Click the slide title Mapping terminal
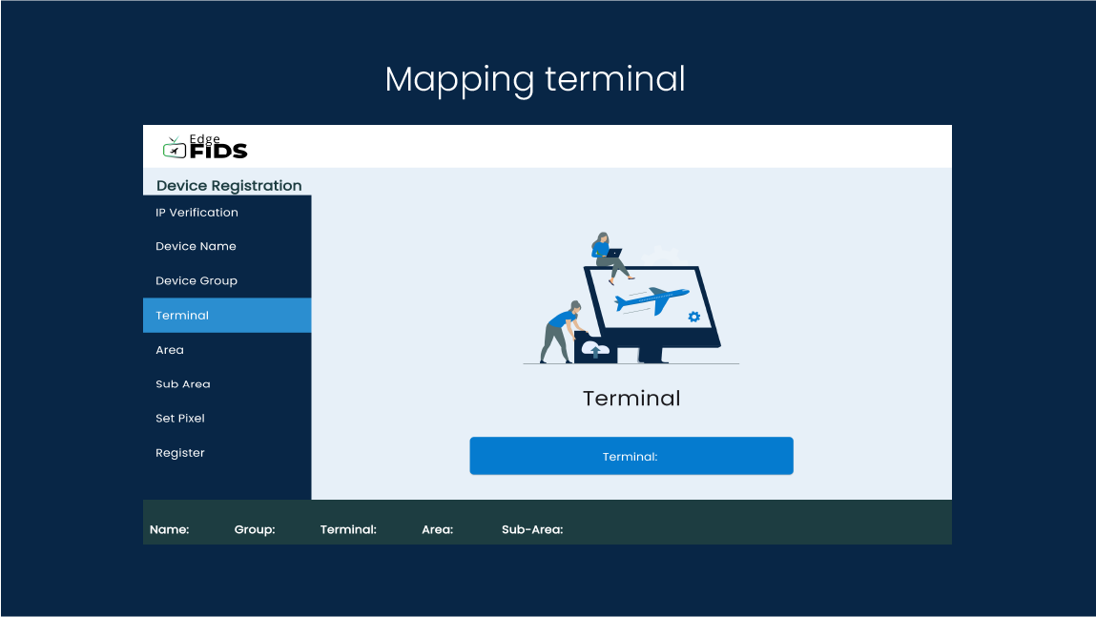535,80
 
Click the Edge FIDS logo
205,147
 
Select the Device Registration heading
229,186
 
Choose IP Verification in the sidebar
196,213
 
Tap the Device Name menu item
196,247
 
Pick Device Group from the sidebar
196,281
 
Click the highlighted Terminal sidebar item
227,315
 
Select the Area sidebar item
170,350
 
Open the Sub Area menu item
183,384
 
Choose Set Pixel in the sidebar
180,419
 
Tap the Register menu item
180,453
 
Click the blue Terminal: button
631,456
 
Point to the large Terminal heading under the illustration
631,399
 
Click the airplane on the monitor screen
651,300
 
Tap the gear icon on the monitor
694,317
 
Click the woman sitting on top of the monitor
609,257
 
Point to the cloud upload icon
595,349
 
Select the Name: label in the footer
169,529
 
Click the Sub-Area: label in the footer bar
532,529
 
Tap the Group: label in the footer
255,529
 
